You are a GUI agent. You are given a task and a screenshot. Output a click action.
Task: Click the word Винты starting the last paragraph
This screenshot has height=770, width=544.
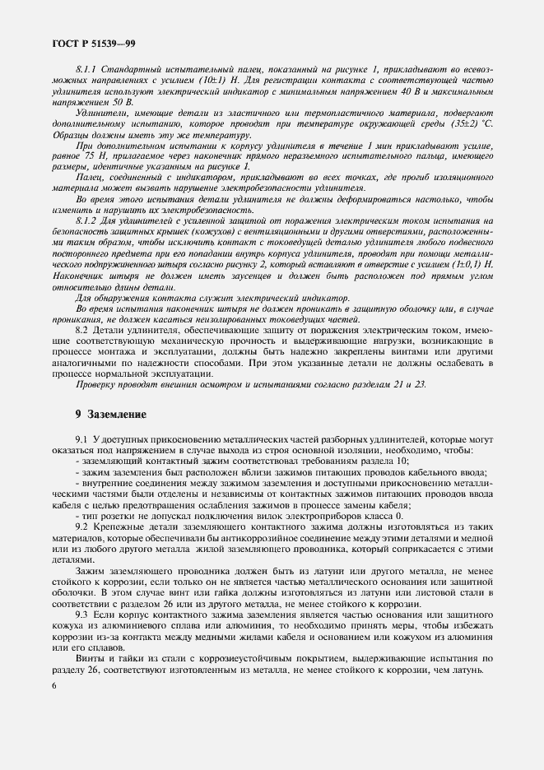[91, 657]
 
